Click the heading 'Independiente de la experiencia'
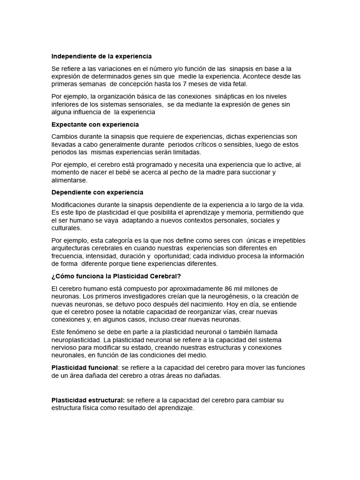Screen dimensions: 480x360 (x=101, y=56)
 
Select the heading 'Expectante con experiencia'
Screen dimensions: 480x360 (x=95, y=125)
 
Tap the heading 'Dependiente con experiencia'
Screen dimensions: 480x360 (x=97, y=192)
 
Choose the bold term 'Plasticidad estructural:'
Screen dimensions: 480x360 (x=88, y=400)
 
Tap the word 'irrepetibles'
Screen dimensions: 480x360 (x=285, y=240)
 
